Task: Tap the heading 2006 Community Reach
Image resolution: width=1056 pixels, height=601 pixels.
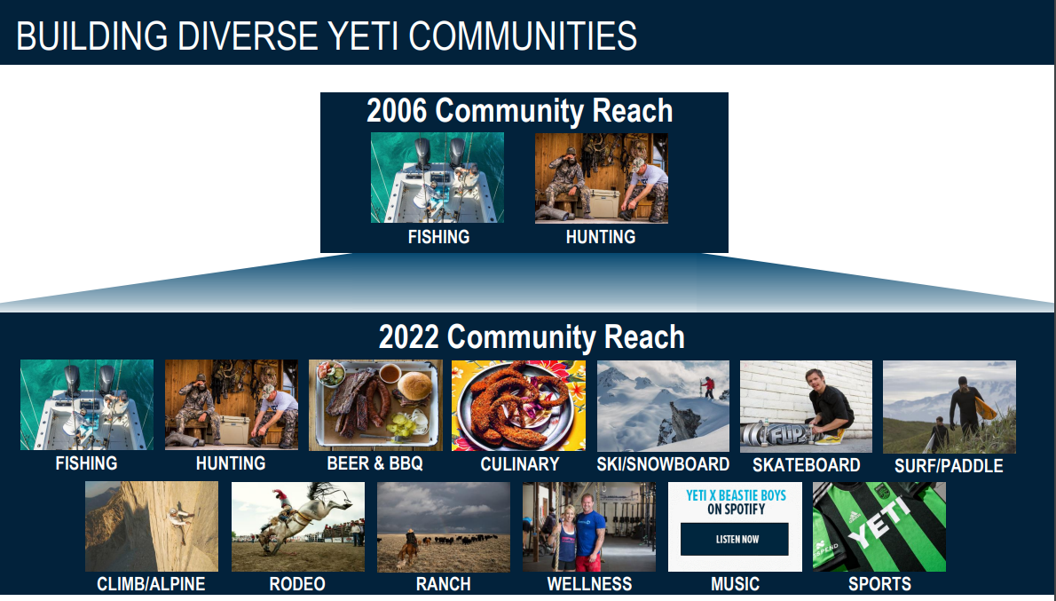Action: point(520,110)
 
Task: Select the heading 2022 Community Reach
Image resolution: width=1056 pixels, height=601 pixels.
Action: point(532,336)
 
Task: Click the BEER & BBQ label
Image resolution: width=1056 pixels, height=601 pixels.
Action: point(374,463)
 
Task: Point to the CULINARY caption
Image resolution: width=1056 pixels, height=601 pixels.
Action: point(520,464)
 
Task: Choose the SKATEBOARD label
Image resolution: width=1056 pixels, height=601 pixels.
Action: point(806,465)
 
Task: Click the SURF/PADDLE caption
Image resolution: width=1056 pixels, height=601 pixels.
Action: point(949,465)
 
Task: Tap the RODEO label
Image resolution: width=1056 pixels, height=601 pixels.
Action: point(297,584)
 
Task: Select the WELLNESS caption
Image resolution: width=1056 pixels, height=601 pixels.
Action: point(589,584)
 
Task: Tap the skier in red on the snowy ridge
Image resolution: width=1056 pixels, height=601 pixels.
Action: point(708,388)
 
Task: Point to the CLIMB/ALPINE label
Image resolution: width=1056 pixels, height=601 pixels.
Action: point(151,584)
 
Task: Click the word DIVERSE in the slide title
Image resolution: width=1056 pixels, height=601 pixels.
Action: point(248,36)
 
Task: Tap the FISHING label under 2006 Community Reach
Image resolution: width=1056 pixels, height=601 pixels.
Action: point(438,237)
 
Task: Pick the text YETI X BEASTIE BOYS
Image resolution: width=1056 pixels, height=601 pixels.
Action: point(736,495)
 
